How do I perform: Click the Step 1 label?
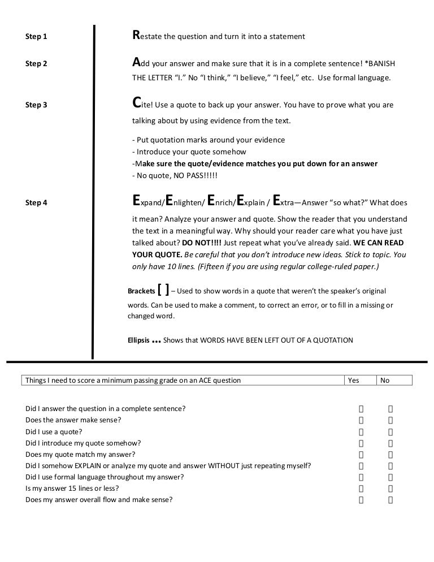(36, 37)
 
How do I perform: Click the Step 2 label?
(36, 64)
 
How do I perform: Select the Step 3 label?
(36, 105)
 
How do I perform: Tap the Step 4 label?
(36, 203)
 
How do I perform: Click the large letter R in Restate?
(136, 36)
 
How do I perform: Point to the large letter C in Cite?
(136, 104)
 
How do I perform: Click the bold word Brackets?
(141, 291)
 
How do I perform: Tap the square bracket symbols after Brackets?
(163, 290)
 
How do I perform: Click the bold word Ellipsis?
(139, 340)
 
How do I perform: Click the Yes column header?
(353, 381)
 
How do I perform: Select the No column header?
(385, 381)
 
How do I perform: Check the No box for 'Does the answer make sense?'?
(390, 420)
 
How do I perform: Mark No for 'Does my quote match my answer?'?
(390, 454)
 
